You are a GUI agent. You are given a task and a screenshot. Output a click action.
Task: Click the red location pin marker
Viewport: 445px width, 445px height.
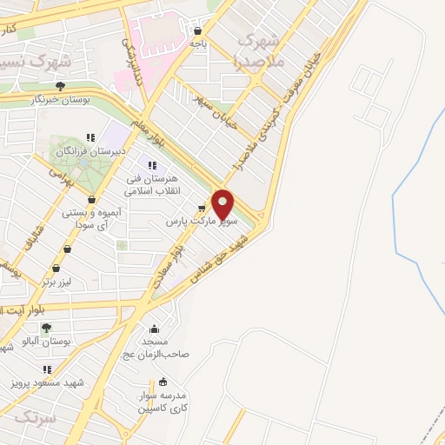(x=223, y=203)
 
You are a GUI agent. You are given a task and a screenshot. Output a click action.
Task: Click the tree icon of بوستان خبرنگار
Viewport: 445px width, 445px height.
(x=60, y=85)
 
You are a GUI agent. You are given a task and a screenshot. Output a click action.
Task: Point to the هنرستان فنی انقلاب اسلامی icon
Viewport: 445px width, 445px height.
(x=152, y=166)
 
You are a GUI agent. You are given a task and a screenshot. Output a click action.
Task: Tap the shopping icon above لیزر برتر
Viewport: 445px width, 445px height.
(x=56, y=269)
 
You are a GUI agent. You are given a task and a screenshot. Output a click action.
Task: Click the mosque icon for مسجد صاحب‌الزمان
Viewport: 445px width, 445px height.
(x=154, y=329)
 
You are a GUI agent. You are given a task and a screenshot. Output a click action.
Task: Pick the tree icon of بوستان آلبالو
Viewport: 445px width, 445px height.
(x=45, y=328)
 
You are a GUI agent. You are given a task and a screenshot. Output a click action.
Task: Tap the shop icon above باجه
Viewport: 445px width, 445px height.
(x=199, y=31)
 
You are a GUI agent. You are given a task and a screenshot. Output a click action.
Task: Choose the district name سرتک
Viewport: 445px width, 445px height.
(x=35, y=418)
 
